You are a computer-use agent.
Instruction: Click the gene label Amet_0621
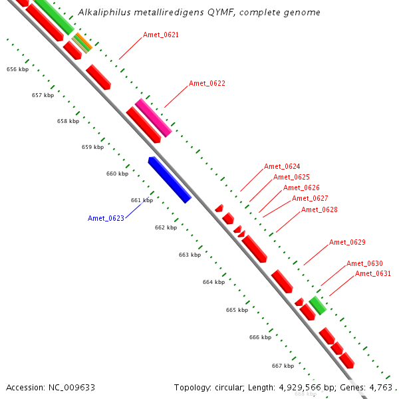tap(161, 35)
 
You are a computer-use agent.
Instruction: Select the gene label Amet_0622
tap(207, 84)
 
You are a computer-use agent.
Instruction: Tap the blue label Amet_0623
tap(106, 218)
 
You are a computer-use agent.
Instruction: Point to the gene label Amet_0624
tap(282, 167)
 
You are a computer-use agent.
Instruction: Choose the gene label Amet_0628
tap(319, 210)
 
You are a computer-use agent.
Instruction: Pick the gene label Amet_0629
tap(347, 242)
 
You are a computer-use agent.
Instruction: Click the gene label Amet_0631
tap(372, 274)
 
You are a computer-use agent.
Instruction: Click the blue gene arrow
tap(170, 180)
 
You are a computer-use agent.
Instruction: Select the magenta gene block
tap(154, 118)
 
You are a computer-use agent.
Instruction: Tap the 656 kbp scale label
tap(17, 69)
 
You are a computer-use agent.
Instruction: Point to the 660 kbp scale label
tap(117, 174)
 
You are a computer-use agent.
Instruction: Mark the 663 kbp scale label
tap(190, 255)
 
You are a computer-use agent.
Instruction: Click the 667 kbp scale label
tap(283, 366)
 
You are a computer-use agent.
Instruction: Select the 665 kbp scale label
tap(236, 310)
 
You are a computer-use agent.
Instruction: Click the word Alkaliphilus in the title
tap(100, 13)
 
